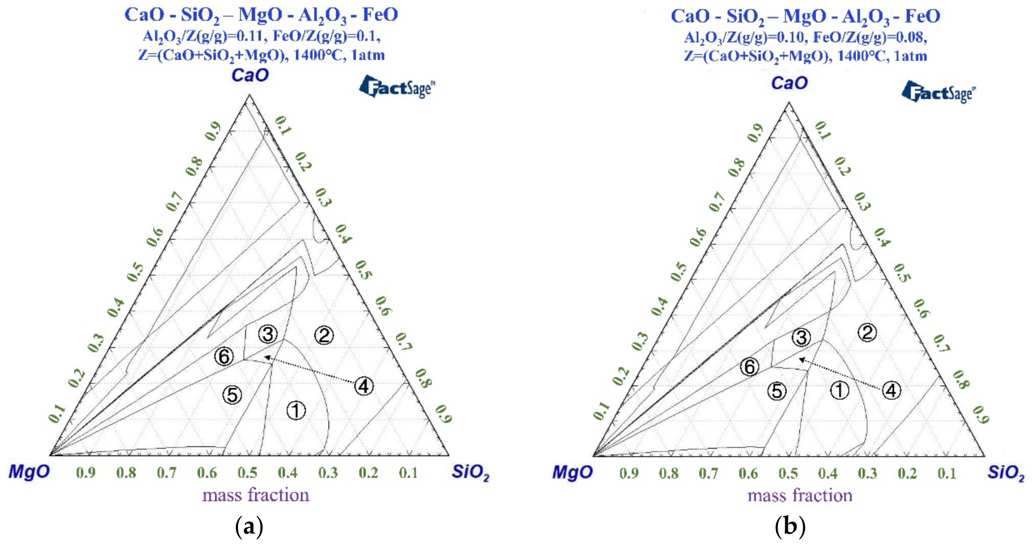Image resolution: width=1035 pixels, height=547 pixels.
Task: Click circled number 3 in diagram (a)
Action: tap(268, 334)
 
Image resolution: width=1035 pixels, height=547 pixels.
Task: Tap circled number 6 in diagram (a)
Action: tap(224, 356)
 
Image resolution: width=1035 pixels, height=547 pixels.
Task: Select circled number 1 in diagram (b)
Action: tap(839, 390)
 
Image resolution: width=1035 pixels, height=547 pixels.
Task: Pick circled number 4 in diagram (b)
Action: tap(891, 390)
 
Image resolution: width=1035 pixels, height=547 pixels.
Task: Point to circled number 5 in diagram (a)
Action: tap(232, 395)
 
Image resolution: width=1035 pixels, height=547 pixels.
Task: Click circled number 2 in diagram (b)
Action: tap(867, 333)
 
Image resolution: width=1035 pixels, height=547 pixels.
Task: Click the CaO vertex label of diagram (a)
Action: tap(250, 75)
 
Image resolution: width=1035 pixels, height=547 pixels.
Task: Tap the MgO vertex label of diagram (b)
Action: tap(572, 472)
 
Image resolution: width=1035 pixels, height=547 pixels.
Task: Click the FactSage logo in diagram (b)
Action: tap(938, 92)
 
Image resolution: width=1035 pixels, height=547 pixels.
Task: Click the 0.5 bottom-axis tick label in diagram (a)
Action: tap(247, 473)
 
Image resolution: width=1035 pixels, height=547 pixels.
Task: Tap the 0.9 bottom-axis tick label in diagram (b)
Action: tap(629, 473)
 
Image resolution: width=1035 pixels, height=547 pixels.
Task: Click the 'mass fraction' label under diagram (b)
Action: tap(799, 496)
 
